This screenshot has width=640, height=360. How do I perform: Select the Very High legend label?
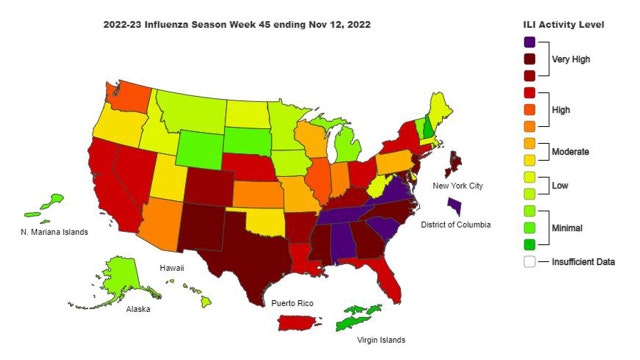click(x=573, y=59)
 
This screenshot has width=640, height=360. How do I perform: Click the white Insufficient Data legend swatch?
click(x=528, y=262)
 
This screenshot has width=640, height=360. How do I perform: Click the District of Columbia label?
click(x=455, y=225)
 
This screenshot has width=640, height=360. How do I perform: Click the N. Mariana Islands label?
click(x=54, y=232)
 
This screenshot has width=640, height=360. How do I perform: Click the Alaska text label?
click(x=138, y=309)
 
